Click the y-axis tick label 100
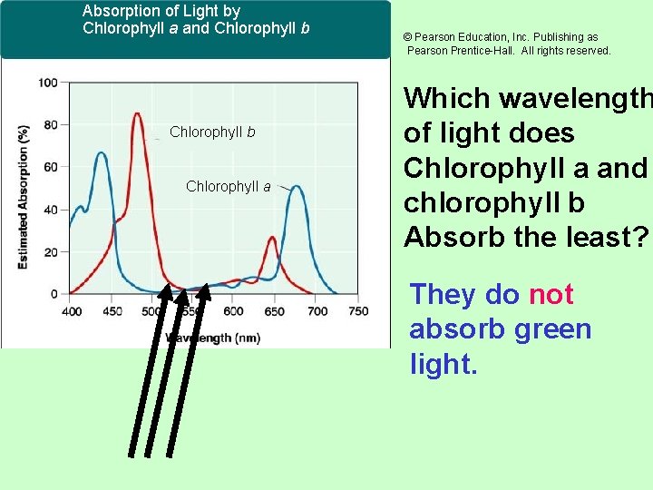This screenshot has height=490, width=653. point(48,83)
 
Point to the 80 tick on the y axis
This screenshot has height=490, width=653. point(51,124)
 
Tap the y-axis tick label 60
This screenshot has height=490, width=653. point(51,167)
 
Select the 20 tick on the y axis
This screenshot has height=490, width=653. point(51,251)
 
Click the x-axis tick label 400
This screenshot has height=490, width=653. point(72,311)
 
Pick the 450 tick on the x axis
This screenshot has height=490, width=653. point(112,311)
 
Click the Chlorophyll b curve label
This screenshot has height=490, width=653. point(212,132)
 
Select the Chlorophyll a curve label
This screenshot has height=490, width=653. point(228,187)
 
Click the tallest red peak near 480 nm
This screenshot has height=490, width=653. point(137,114)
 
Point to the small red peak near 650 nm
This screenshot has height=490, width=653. point(272,238)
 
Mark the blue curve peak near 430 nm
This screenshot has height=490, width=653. point(101,154)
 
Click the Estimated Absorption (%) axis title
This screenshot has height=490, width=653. point(23,195)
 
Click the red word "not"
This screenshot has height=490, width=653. point(551,295)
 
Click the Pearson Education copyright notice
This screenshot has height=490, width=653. point(507,44)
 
